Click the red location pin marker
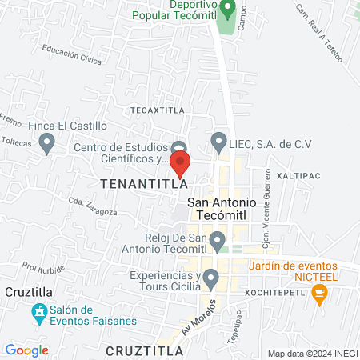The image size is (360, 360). pos(180,164)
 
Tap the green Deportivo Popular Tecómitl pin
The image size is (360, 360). pos(227,10)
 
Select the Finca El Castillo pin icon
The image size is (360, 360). pos(47,143)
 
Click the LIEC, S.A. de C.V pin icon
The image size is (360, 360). pos(218,143)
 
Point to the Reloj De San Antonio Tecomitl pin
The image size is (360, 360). pos(218,239)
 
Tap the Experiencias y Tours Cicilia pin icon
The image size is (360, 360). pos(211,278)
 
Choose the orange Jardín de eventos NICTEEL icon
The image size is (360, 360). pos(321,294)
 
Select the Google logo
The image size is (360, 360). pos(26,350)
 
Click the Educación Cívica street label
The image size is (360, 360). pos(72,55)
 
